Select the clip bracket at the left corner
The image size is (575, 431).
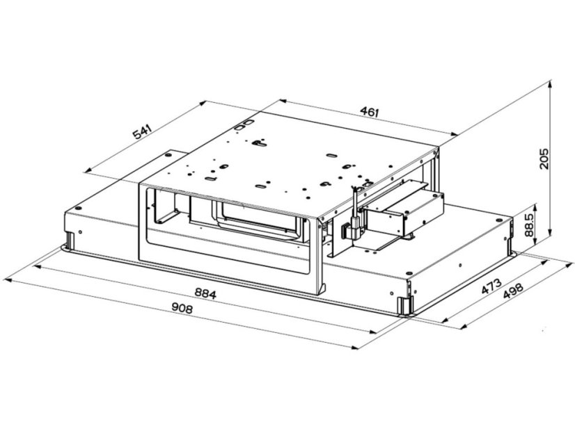pos(71,241)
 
